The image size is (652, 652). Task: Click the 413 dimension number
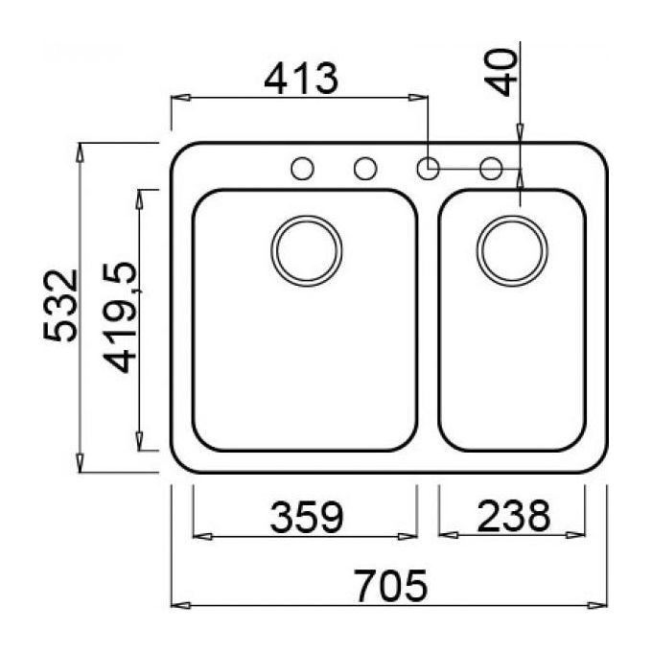[x=301, y=79]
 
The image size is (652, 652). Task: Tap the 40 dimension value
[x=501, y=72]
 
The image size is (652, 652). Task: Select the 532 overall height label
[x=60, y=306]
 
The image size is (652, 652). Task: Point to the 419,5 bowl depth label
[x=121, y=317]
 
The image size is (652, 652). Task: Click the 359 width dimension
[x=307, y=517]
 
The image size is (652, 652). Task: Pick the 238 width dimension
[x=514, y=516]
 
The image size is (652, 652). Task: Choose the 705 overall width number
[x=391, y=586]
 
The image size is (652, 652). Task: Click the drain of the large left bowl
[x=307, y=251]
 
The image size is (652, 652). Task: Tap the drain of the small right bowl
[x=512, y=251]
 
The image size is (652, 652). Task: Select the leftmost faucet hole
[x=302, y=169]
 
